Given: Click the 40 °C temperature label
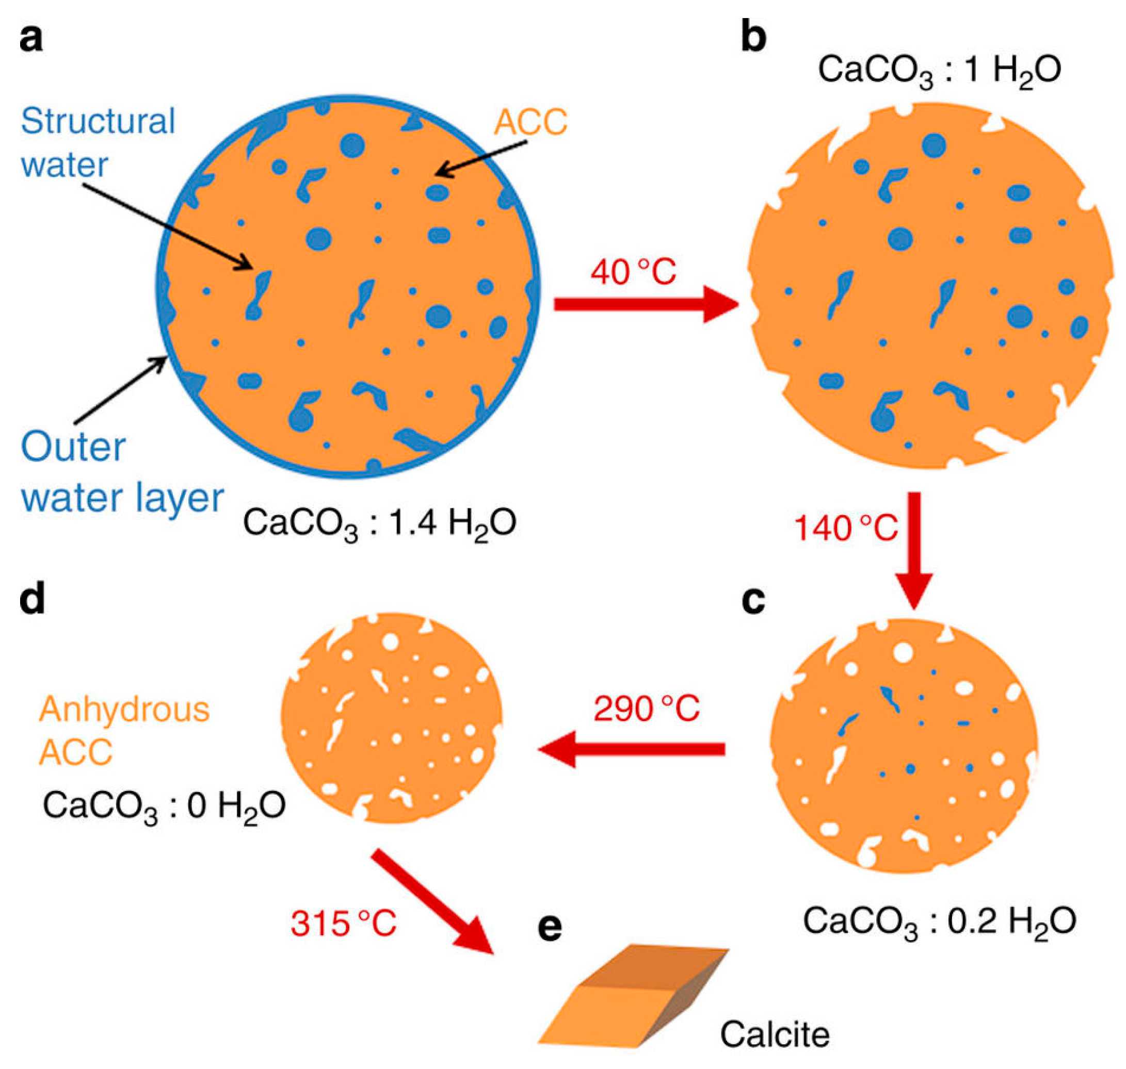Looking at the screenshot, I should click(x=633, y=272).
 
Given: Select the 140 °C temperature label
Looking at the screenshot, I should click(x=845, y=529).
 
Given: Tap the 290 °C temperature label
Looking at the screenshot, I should click(x=647, y=710).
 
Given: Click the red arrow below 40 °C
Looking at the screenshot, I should click(x=644, y=305).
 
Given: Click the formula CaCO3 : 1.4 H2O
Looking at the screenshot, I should click(x=379, y=523).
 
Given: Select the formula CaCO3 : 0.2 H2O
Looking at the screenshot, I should click(x=939, y=922).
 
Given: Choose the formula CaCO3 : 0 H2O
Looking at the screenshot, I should click(x=164, y=807).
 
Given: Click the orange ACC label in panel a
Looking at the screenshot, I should click(x=530, y=122).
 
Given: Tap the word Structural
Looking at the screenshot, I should click(x=98, y=122).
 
